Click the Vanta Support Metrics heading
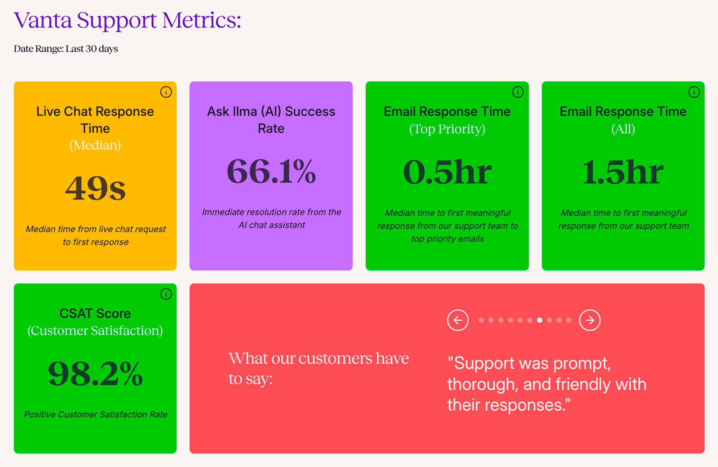pos(127,21)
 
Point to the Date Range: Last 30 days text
pos(66,49)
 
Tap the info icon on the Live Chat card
pos(166,92)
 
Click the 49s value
pos(95,188)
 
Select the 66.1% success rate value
pos(271,171)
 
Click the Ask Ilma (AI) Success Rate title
pos(271,120)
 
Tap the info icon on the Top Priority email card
pos(518,92)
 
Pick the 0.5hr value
pos(447,172)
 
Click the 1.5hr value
pos(623,172)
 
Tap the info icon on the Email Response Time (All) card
pos(694,92)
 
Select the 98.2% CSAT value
pos(95,373)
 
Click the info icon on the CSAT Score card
pos(166,294)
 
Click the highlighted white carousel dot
pos(540,320)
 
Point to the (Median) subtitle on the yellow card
pos(95,146)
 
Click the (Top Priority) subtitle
pos(447,129)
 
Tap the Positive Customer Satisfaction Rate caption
pos(96,415)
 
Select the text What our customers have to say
pos(319,368)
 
